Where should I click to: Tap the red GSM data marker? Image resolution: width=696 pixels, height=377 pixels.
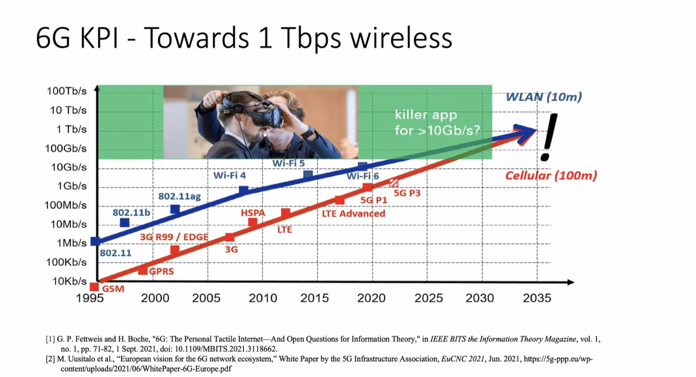point(94,287)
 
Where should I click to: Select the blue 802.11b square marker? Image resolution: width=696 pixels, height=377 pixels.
point(125,223)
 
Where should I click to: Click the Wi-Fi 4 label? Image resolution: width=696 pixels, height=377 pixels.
point(230,175)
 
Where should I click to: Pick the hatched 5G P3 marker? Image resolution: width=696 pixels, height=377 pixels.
point(394,182)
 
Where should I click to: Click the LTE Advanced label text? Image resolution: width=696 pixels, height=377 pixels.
point(354,214)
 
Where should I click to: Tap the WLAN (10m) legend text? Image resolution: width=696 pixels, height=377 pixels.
point(544,97)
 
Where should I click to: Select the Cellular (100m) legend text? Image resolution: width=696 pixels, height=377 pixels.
point(551,175)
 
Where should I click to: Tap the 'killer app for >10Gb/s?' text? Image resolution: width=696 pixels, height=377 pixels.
point(437,123)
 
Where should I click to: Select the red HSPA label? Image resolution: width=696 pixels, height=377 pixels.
point(253,213)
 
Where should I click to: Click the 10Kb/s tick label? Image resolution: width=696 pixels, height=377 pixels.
point(70,281)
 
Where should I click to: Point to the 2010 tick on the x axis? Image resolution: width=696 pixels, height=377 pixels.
point(262,298)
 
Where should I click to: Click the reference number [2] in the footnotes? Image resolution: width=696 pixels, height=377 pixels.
point(50,359)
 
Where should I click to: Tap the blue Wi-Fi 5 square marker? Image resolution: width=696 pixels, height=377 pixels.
point(308,175)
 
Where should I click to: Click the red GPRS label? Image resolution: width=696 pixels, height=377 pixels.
point(161,271)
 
